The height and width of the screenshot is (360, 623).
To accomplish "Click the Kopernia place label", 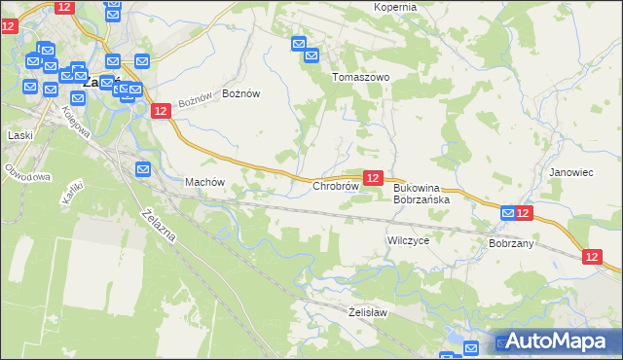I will tap(394, 7).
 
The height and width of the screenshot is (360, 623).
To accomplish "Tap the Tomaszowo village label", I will tap(360, 77).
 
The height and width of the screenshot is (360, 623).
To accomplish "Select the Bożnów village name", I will tap(241, 93).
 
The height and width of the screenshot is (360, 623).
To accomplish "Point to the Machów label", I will tap(204, 182).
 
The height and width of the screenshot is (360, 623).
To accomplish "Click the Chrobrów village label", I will tap(335, 186).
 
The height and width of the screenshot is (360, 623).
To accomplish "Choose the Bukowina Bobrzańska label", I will tap(421, 193).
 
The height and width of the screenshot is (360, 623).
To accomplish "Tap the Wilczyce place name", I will tap(408, 239).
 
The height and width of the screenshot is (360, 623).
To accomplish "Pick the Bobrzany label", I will tap(511, 243).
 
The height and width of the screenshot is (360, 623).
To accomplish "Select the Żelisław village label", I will tap(368, 312).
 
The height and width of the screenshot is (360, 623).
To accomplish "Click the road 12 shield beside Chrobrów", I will tap(372, 177).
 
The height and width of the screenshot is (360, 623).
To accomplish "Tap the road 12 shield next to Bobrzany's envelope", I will tap(524, 213).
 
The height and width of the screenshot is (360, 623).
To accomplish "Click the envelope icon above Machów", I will tap(143, 169).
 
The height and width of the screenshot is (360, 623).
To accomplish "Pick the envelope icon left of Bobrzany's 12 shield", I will tap(507, 213).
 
